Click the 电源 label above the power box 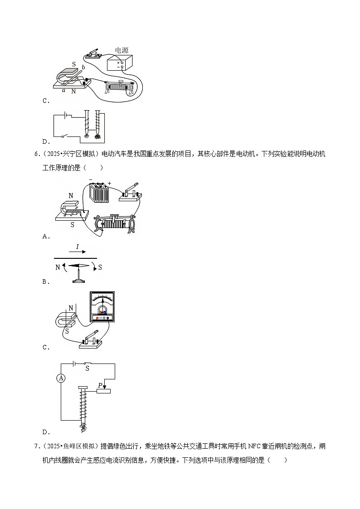[x=122, y=50]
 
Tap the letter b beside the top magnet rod [x=83, y=68]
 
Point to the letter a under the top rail [x=64, y=90]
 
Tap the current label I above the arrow [x=78, y=247]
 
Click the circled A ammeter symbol [x=61, y=378]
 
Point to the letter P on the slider [x=100, y=385]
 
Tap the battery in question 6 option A [x=99, y=193]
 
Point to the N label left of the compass [x=58, y=267]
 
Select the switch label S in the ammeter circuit [x=87, y=368]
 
